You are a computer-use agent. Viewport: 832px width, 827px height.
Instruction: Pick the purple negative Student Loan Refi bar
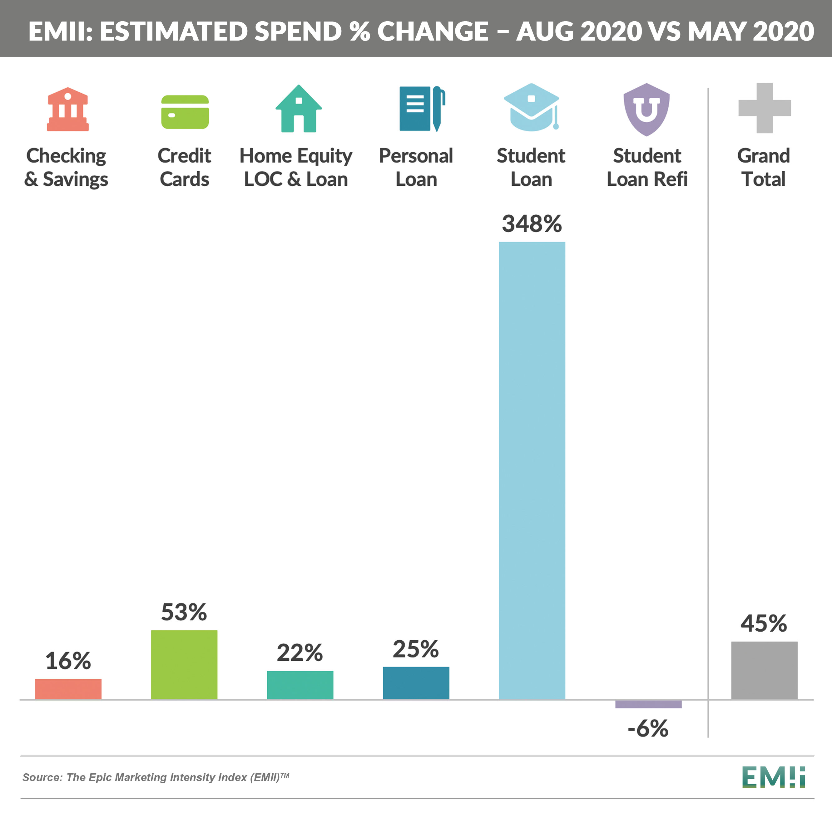click(x=648, y=704)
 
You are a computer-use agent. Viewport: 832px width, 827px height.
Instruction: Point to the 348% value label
click(x=532, y=224)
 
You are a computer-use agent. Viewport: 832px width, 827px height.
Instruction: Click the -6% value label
click(x=648, y=728)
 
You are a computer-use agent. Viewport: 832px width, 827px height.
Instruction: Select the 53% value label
click(x=184, y=612)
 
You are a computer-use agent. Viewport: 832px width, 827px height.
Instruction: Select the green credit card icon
click(x=185, y=112)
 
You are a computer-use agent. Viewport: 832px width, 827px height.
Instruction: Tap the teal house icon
click(x=299, y=109)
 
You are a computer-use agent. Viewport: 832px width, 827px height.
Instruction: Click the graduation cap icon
click(x=532, y=108)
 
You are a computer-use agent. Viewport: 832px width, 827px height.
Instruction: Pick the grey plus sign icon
click(x=765, y=108)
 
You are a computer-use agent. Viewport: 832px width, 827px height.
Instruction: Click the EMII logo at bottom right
click(x=773, y=777)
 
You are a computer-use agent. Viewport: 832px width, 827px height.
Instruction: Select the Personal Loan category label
click(x=416, y=167)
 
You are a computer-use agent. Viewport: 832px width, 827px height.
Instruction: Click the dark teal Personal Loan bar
click(x=416, y=683)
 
